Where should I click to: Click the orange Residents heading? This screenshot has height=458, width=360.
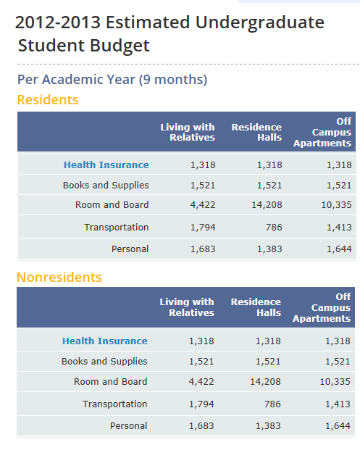(48, 100)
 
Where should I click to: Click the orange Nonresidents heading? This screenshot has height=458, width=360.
(59, 278)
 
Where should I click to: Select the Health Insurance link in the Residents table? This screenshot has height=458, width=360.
(106, 165)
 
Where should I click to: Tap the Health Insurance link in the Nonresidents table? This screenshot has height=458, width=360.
(105, 341)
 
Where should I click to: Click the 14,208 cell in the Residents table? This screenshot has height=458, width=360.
(267, 205)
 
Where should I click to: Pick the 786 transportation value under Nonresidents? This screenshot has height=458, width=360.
(272, 404)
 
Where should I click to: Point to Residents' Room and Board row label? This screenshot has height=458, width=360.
(112, 205)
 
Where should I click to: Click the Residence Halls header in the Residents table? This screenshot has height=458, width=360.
(256, 132)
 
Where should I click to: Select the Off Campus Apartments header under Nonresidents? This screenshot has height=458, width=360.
(322, 307)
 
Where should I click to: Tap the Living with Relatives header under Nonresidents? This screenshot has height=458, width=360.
(187, 307)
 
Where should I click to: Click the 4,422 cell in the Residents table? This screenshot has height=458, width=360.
(203, 205)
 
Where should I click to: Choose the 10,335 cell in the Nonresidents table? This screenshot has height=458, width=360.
(335, 381)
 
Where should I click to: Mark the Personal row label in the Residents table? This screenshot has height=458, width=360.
(130, 249)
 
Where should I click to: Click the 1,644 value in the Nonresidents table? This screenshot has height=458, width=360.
(338, 426)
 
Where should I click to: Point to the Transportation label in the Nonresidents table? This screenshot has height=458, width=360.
(115, 404)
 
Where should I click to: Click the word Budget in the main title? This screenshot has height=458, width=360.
(120, 46)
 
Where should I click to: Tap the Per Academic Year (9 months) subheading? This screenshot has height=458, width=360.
(112, 80)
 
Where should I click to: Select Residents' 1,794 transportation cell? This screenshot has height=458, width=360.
(203, 228)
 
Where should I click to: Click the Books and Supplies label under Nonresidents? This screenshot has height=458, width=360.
(104, 362)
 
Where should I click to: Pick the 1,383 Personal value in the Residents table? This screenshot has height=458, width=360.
(269, 249)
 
